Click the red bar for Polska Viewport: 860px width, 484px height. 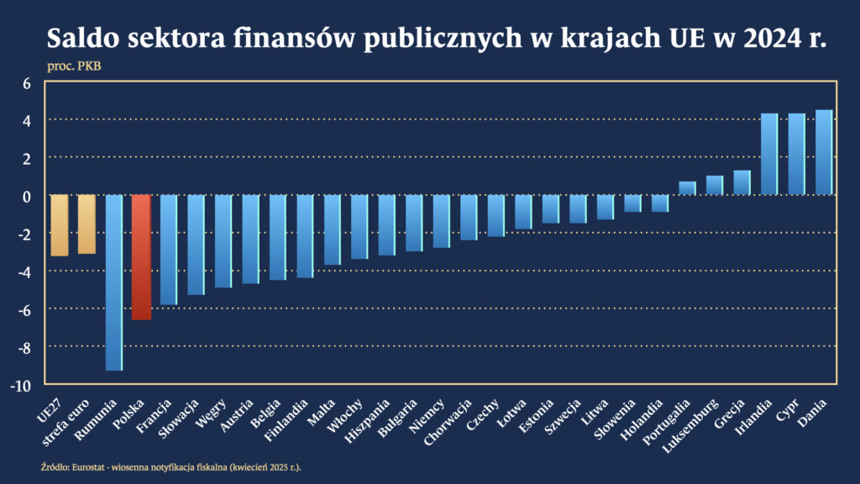point(141,257)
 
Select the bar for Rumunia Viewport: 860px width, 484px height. point(114,282)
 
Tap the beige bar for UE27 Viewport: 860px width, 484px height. point(60,225)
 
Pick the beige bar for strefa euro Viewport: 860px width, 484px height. point(87,224)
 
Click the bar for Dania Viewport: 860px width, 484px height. point(824,153)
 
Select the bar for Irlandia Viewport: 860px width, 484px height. point(769,155)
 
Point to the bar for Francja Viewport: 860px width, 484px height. point(169,250)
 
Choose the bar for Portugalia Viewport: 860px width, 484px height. point(687,188)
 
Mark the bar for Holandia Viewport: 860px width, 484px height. point(660,203)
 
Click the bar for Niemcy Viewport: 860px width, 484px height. point(442,221)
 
